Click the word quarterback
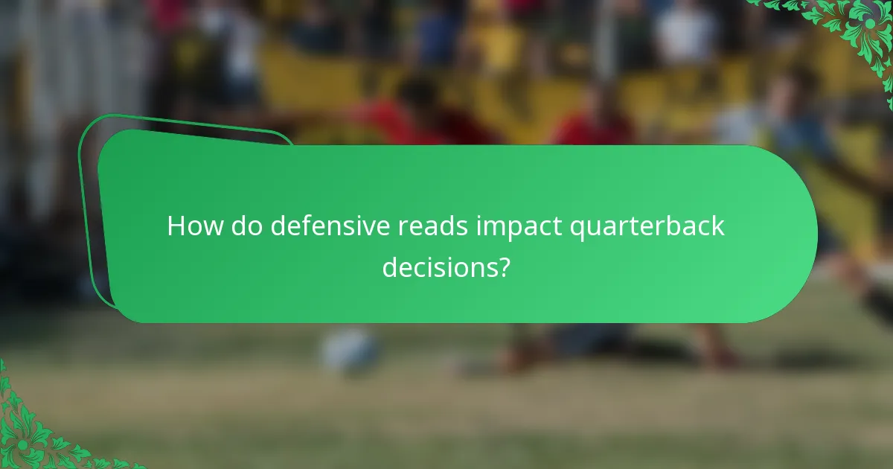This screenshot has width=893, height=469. pyautogui.click(x=647, y=227)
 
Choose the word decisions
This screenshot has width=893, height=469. pyautogui.click(x=440, y=267)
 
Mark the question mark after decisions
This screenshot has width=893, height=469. pyautogui.click(x=504, y=267)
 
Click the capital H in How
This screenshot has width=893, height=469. pyautogui.click(x=176, y=226)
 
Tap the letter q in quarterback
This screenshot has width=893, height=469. pyautogui.click(x=577, y=229)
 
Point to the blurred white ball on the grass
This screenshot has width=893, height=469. pyautogui.click(x=350, y=350)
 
